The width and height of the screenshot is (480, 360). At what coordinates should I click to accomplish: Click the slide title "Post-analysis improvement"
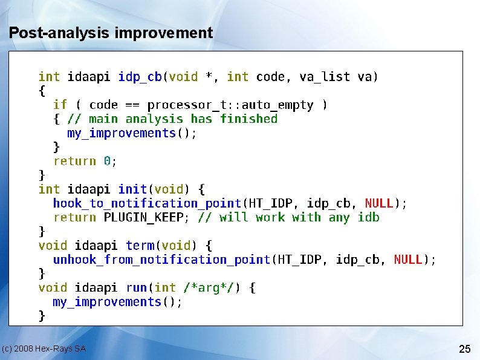point(111,33)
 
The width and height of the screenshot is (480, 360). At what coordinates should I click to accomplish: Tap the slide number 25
point(465,349)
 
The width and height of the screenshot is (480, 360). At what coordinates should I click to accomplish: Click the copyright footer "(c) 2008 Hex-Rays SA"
point(44,349)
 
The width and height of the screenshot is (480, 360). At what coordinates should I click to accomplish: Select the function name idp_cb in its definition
point(140,77)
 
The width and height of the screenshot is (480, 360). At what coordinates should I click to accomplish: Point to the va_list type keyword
point(325,77)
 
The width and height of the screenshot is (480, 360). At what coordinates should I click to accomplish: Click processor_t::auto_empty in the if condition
point(230,105)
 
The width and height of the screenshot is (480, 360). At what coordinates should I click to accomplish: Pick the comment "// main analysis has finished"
point(172,119)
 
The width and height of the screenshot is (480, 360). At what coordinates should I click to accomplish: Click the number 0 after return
point(107,162)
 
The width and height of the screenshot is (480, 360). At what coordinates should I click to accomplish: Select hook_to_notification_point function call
point(147,203)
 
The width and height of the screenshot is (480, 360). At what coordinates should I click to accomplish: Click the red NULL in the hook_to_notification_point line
point(379,203)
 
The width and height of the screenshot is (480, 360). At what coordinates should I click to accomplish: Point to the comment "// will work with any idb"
point(289,217)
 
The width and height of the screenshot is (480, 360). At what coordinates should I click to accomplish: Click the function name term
point(140,246)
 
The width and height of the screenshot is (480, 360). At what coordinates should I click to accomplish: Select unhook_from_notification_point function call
point(161,260)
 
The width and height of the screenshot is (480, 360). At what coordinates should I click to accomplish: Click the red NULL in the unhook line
point(408,260)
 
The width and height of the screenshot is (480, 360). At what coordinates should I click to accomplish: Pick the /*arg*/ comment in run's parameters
point(209,288)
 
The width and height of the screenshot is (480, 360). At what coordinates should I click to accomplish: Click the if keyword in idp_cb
point(60,105)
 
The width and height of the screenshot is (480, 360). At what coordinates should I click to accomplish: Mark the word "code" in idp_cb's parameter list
point(270,77)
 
